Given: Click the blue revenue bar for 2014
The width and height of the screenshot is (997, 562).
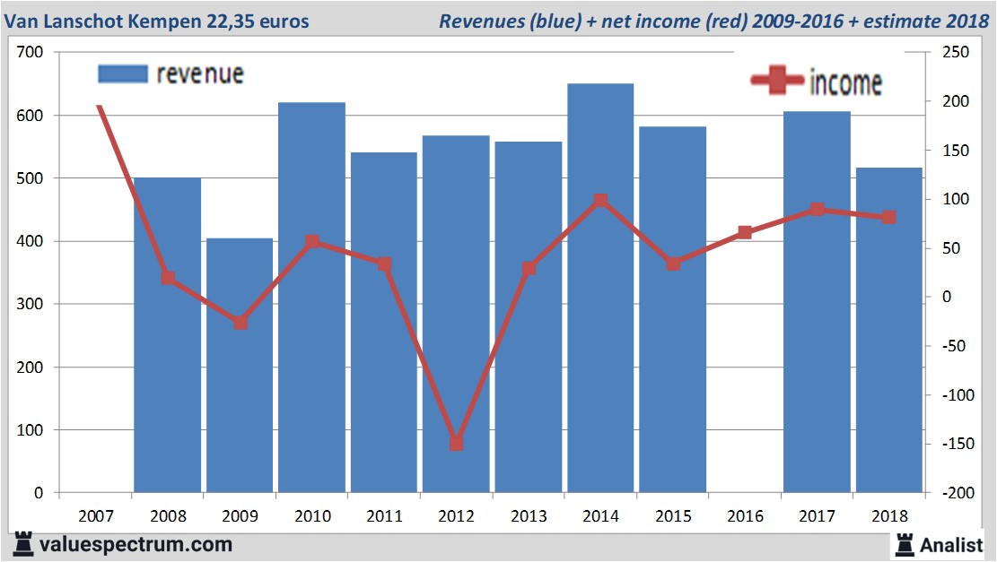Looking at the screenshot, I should (600, 287).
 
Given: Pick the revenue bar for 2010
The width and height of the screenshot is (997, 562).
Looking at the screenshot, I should (311, 297).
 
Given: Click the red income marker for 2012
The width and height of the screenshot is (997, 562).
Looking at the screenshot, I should (456, 443).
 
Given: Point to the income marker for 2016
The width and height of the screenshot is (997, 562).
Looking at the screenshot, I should (745, 232).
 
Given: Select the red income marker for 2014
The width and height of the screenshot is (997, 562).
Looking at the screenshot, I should (600, 200).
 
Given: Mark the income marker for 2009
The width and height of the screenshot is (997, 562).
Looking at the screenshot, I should (240, 323).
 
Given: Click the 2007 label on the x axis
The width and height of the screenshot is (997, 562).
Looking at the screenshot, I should (95, 516).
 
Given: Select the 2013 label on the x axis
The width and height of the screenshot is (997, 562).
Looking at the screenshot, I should (528, 516).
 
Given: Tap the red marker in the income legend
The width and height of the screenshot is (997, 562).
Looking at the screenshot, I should (777, 82).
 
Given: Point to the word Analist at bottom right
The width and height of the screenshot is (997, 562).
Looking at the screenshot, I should (953, 544).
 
